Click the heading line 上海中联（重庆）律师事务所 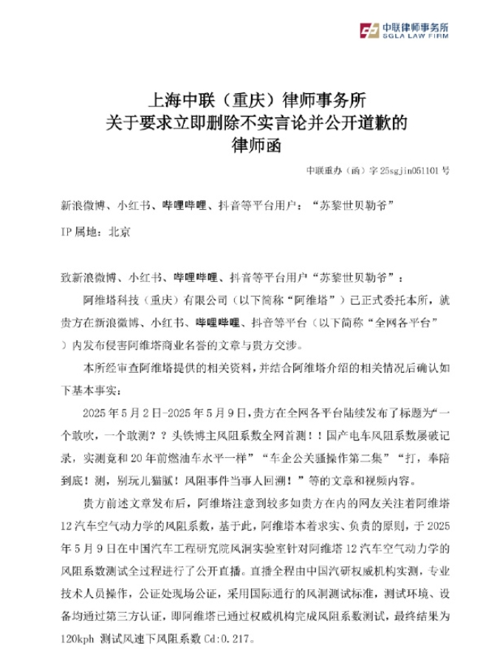244,98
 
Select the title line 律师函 246,142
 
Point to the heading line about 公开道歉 245,120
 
